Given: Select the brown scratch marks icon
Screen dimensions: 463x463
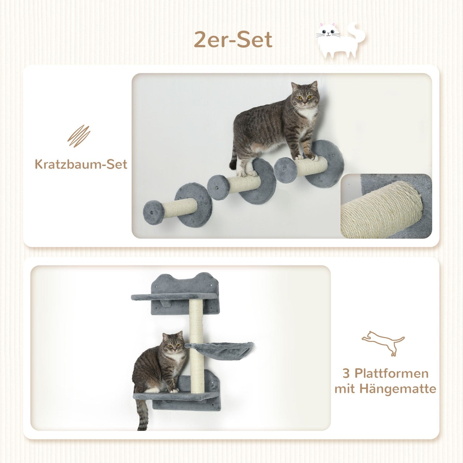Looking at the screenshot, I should (x=79, y=136).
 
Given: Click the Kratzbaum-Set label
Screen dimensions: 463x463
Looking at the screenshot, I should (x=81, y=164).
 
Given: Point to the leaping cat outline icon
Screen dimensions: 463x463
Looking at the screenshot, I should (x=383, y=343).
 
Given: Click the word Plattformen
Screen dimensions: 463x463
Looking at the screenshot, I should (x=391, y=373).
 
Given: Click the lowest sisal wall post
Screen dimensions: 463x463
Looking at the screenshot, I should (x=179, y=209).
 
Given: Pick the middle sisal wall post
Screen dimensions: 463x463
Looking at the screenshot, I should (x=244, y=183).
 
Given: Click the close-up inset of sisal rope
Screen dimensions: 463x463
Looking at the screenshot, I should (x=386, y=206).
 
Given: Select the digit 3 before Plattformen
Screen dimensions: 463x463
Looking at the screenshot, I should (x=346, y=373).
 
